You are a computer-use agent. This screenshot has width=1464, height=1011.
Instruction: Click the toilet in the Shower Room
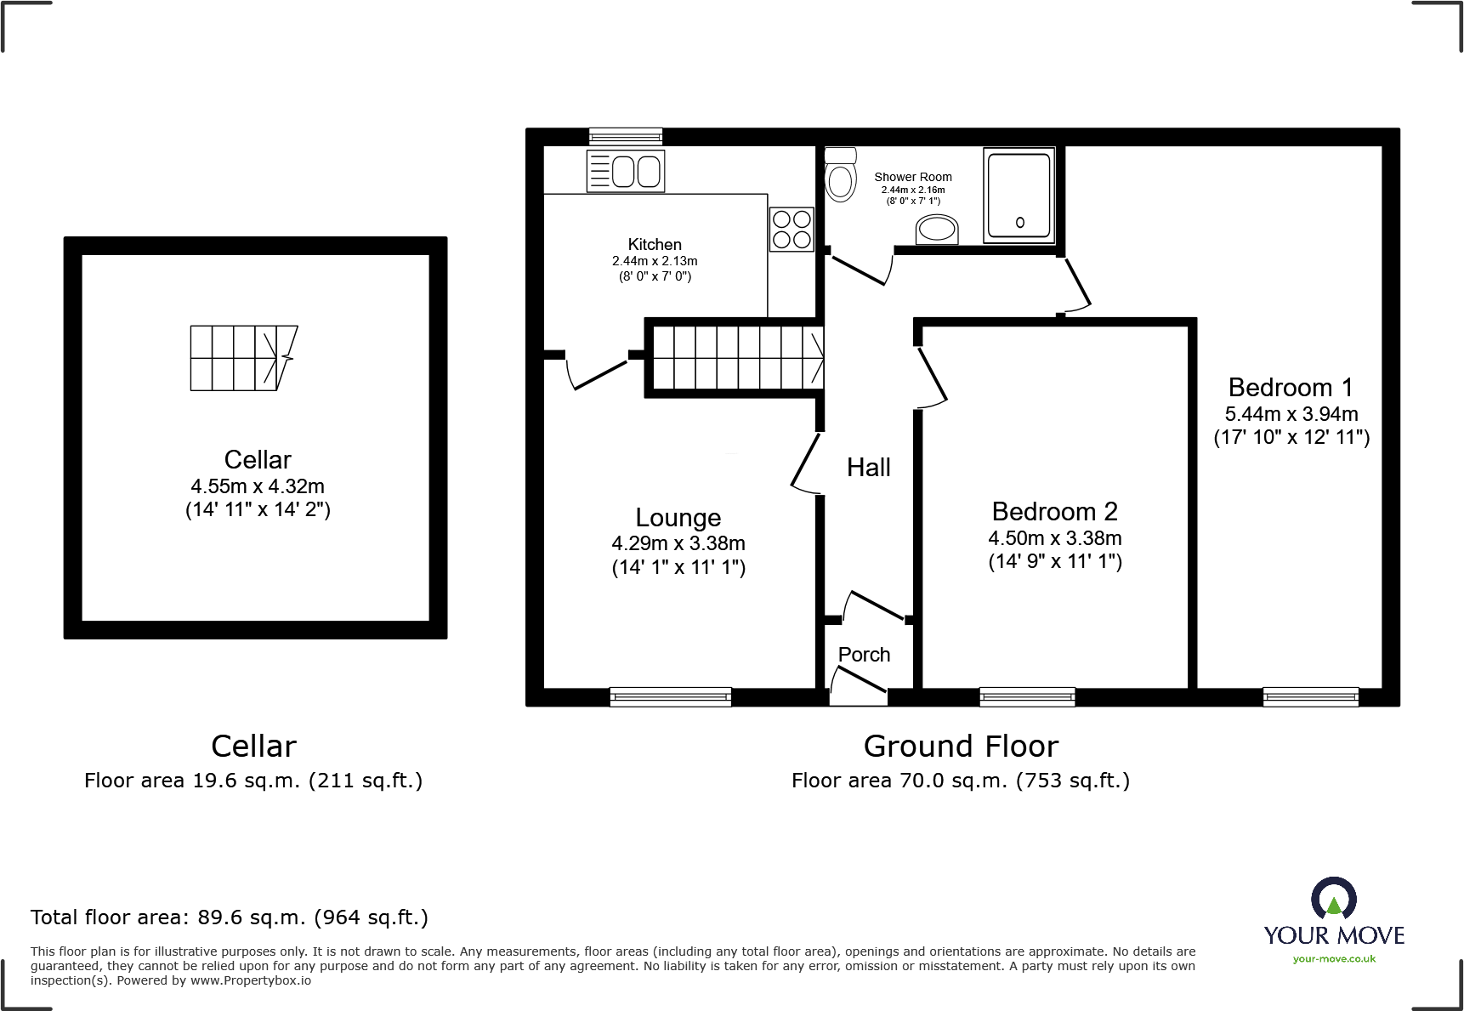[x=841, y=177]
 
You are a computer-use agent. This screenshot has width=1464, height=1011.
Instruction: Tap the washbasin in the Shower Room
[x=937, y=229]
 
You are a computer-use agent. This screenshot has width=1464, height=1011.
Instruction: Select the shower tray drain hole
[x=1019, y=223]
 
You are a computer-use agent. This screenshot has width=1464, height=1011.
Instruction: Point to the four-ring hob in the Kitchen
[x=792, y=230]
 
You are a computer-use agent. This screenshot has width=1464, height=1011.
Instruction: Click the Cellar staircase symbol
[x=243, y=358]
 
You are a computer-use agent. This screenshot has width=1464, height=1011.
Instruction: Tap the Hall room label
[x=868, y=467]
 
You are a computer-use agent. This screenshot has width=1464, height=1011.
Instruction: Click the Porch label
[x=864, y=655]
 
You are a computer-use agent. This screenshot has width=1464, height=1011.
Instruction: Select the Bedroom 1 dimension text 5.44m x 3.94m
[x=1291, y=414]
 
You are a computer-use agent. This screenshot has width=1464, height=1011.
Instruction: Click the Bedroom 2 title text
[x=1054, y=511]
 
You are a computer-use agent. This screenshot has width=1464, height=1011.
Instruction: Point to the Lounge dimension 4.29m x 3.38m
[x=678, y=543]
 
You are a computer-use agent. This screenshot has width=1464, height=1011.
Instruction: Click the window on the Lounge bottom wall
[x=670, y=697]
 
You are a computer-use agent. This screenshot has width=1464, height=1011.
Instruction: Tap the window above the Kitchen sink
[x=626, y=136]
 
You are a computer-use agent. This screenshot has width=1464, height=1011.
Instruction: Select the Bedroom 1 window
[x=1310, y=697]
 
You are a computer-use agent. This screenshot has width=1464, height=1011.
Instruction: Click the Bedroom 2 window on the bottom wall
[x=1027, y=697]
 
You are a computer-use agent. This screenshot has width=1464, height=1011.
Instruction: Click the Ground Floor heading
[x=961, y=746]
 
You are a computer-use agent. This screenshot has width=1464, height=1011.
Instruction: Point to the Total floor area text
[x=229, y=917]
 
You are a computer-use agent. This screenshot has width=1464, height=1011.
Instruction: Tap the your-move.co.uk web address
[x=1334, y=959]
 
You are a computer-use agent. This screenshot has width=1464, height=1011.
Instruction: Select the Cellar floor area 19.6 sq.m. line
[x=253, y=781]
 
